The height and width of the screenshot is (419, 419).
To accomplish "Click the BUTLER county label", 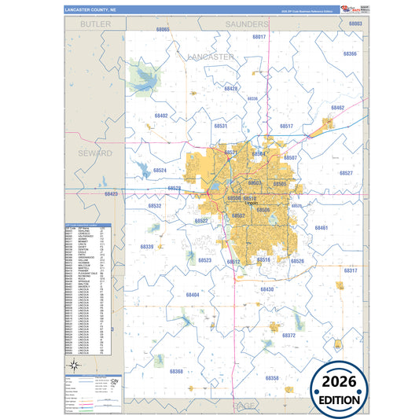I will pos(94,24).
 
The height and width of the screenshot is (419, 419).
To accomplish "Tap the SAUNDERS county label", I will pos(248,24).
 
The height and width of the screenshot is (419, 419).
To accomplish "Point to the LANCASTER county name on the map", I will pos(211,57).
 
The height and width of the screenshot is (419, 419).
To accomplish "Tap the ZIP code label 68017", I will pos(259,37).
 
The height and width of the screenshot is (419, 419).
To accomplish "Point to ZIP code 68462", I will pos(336,107).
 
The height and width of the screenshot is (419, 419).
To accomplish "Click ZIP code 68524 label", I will pos(160,170).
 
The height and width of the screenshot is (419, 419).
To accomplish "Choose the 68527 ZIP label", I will pos(346,173).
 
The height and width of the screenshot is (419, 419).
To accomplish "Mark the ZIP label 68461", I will pos(321,227).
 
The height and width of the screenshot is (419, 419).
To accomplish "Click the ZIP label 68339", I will pos(147,247).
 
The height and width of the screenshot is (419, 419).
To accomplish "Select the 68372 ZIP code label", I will pos(289,335).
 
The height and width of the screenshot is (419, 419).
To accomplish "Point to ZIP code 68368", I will pos(176,371).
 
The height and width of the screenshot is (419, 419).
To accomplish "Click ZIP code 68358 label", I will pos(272,378).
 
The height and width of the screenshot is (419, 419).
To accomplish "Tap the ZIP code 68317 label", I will pos(350,270).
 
